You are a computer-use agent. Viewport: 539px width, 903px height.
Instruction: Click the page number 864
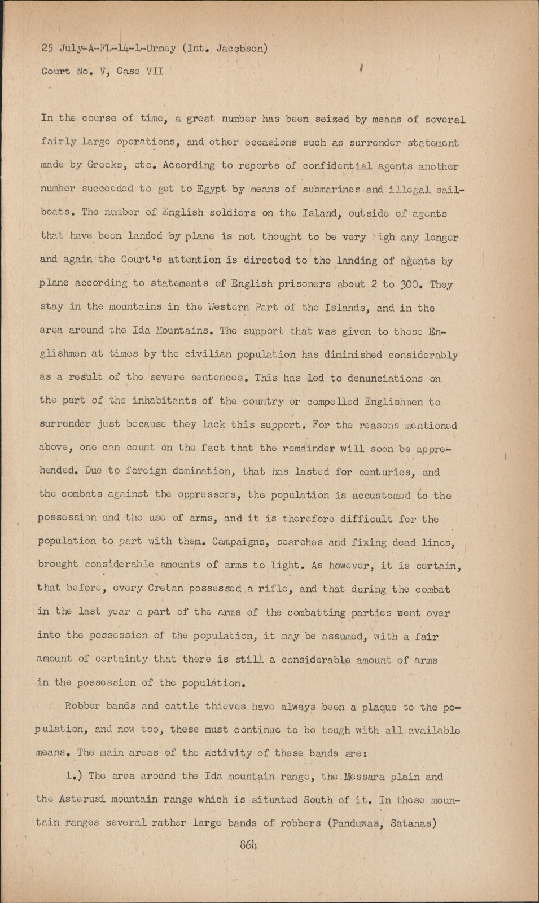pos(248,845)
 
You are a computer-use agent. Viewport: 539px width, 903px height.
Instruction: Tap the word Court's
pos(139,261)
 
